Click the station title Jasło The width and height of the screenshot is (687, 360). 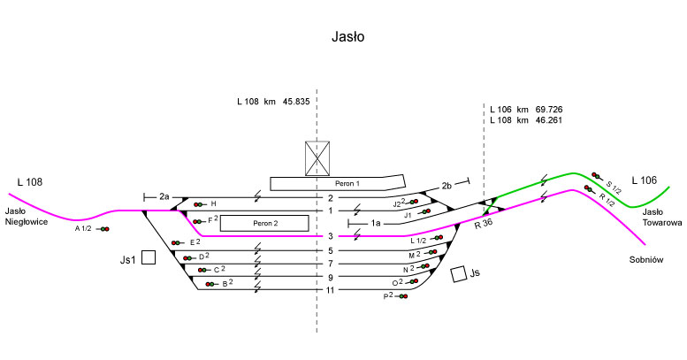[x=344, y=37]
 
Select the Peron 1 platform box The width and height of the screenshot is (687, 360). [x=332, y=183]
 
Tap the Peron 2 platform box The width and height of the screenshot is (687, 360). [x=264, y=224]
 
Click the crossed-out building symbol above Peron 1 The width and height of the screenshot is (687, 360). [x=317, y=157]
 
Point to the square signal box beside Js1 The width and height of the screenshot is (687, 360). [x=149, y=257]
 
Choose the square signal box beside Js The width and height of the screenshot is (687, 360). [x=458, y=274]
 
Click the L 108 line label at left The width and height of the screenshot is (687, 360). [x=29, y=182]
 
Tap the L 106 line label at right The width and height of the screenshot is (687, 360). [x=644, y=180]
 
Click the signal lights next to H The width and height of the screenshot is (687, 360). [x=199, y=204]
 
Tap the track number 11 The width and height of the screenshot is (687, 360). [x=330, y=290]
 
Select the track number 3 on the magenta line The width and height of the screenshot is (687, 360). [x=330, y=236]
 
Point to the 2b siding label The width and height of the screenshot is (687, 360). [x=447, y=186]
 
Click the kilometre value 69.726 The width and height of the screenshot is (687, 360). [x=549, y=109]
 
